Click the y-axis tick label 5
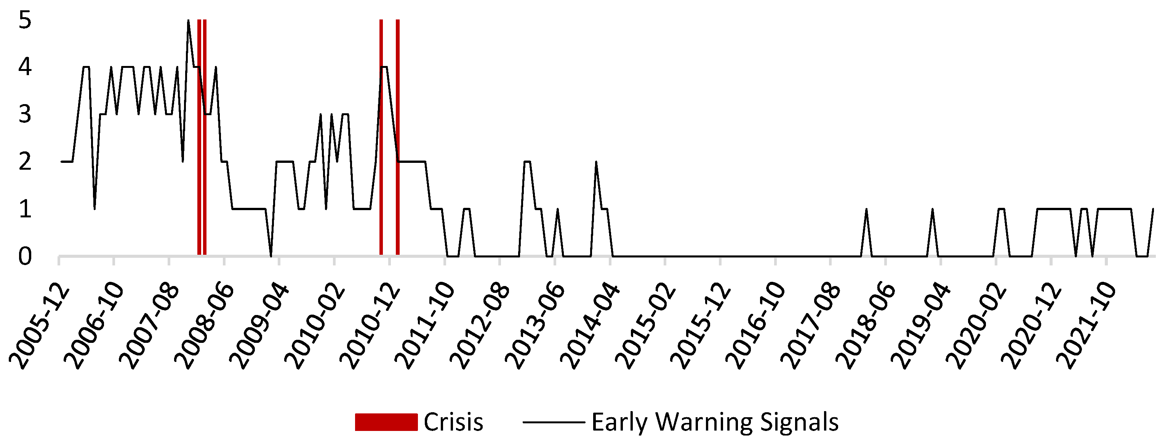(25, 20)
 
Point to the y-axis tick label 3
(25, 114)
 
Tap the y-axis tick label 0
(25, 256)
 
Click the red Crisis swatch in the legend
(386, 422)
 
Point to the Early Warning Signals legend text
(715, 423)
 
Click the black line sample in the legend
(554, 423)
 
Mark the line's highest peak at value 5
(188, 20)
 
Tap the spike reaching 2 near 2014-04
(596, 162)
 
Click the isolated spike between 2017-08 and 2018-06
(866, 209)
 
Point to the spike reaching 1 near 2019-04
(932, 209)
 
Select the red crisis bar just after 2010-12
(397, 137)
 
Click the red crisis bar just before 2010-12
(381, 137)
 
